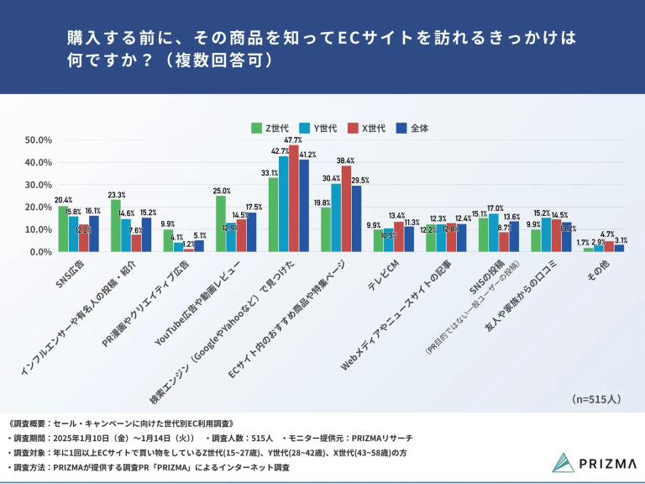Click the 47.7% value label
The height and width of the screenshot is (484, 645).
[x=293, y=139]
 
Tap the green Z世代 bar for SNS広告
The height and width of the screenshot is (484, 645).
[x=63, y=229]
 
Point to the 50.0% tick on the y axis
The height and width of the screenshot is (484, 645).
[x=39, y=139]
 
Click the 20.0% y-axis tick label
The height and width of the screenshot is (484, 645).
[x=39, y=207]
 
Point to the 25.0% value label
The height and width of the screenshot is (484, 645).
[x=221, y=191]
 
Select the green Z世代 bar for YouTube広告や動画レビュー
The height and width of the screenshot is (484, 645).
[x=221, y=224]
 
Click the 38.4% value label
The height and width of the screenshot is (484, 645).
[x=345, y=160]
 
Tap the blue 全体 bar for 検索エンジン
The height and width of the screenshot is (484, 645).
[x=304, y=205]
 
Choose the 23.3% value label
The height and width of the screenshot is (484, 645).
[x=116, y=194]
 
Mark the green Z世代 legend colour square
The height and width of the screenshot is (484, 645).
[x=257, y=128]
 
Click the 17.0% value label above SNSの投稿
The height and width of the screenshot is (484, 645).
[x=495, y=208]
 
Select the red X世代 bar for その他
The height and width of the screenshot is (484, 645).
[x=609, y=246]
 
